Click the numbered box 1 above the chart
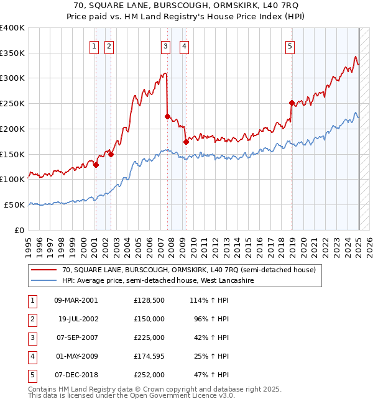(x=94, y=45)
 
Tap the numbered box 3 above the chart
(x=166, y=45)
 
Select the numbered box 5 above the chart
(x=290, y=45)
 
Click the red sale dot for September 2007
(x=167, y=116)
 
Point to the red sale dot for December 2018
(x=292, y=103)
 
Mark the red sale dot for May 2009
(x=186, y=142)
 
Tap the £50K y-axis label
(x=14, y=204)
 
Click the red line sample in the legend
(x=44, y=270)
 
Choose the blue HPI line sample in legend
(x=44, y=281)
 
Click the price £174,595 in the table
(x=149, y=356)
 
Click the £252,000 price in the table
(x=149, y=375)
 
